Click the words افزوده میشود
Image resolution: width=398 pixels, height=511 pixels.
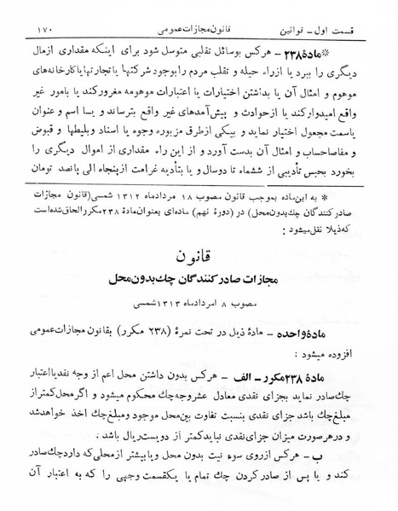pyautogui.click(x=343, y=374)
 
